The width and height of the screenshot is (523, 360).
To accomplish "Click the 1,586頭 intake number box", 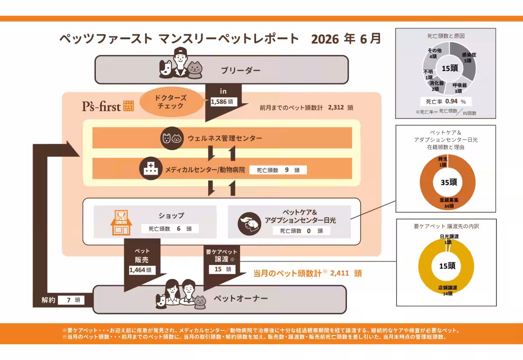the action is (x=224, y=102).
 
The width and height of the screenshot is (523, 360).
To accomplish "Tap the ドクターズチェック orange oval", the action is (x=171, y=102).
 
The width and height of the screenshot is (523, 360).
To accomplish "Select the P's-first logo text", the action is (x=101, y=106).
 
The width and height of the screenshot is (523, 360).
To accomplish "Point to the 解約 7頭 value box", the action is (x=71, y=300).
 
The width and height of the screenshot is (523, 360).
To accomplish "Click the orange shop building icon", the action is (x=121, y=222).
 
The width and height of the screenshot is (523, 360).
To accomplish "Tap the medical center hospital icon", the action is (x=151, y=168).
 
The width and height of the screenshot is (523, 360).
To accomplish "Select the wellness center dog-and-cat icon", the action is (x=172, y=138).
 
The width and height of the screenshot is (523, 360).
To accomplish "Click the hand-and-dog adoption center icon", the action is (x=249, y=224).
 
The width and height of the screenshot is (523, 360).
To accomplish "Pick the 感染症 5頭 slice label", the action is (x=469, y=58).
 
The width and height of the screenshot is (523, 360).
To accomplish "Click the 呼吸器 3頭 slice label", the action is (x=459, y=88).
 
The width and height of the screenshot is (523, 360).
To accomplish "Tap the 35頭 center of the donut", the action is (x=449, y=182).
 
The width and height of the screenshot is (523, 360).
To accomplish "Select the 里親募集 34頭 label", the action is (x=449, y=203).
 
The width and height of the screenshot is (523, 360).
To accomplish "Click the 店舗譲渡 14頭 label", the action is (x=448, y=290).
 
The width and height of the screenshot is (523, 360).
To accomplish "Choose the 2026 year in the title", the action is (x=325, y=39).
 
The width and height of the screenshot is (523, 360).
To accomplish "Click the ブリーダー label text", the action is (x=241, y=70).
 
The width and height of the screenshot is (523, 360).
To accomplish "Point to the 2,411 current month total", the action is (x=340, y=273).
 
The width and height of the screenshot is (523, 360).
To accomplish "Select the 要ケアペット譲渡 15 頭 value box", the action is (x=222, y=269).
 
